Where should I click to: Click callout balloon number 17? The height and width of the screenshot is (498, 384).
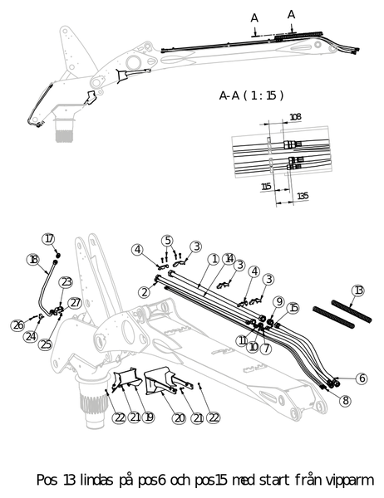pos(49,239)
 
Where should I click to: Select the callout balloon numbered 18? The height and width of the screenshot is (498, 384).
pos(32,260)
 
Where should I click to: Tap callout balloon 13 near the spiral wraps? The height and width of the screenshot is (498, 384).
pos(358,290)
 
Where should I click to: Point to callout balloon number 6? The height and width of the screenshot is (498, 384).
pos(362,378)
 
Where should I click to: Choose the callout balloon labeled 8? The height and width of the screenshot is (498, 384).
pos(345,401)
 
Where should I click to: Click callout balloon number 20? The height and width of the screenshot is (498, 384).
pos(179,418)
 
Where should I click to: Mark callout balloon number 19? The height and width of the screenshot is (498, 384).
pos(148,417)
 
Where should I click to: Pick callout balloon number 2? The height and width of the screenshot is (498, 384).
pos(145,292)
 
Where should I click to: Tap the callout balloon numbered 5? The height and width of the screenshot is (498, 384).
pos(168,241)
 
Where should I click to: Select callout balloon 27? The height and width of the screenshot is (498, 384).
pos(75,303)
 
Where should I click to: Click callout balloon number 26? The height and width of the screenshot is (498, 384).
pos(18,325)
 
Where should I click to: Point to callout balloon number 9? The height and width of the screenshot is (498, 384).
pos(279,301)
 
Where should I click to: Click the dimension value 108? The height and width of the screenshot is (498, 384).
pos(295,117)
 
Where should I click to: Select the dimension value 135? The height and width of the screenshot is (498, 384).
pos(303,196)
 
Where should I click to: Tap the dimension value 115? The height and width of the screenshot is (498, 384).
pos(266,187)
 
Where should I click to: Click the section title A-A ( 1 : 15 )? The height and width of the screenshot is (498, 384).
pos(251,95)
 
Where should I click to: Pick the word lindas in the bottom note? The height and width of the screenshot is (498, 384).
pos(96,480)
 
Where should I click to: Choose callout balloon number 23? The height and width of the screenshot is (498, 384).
pos(66,282)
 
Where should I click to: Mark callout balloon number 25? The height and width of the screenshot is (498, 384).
pos(45,344)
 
